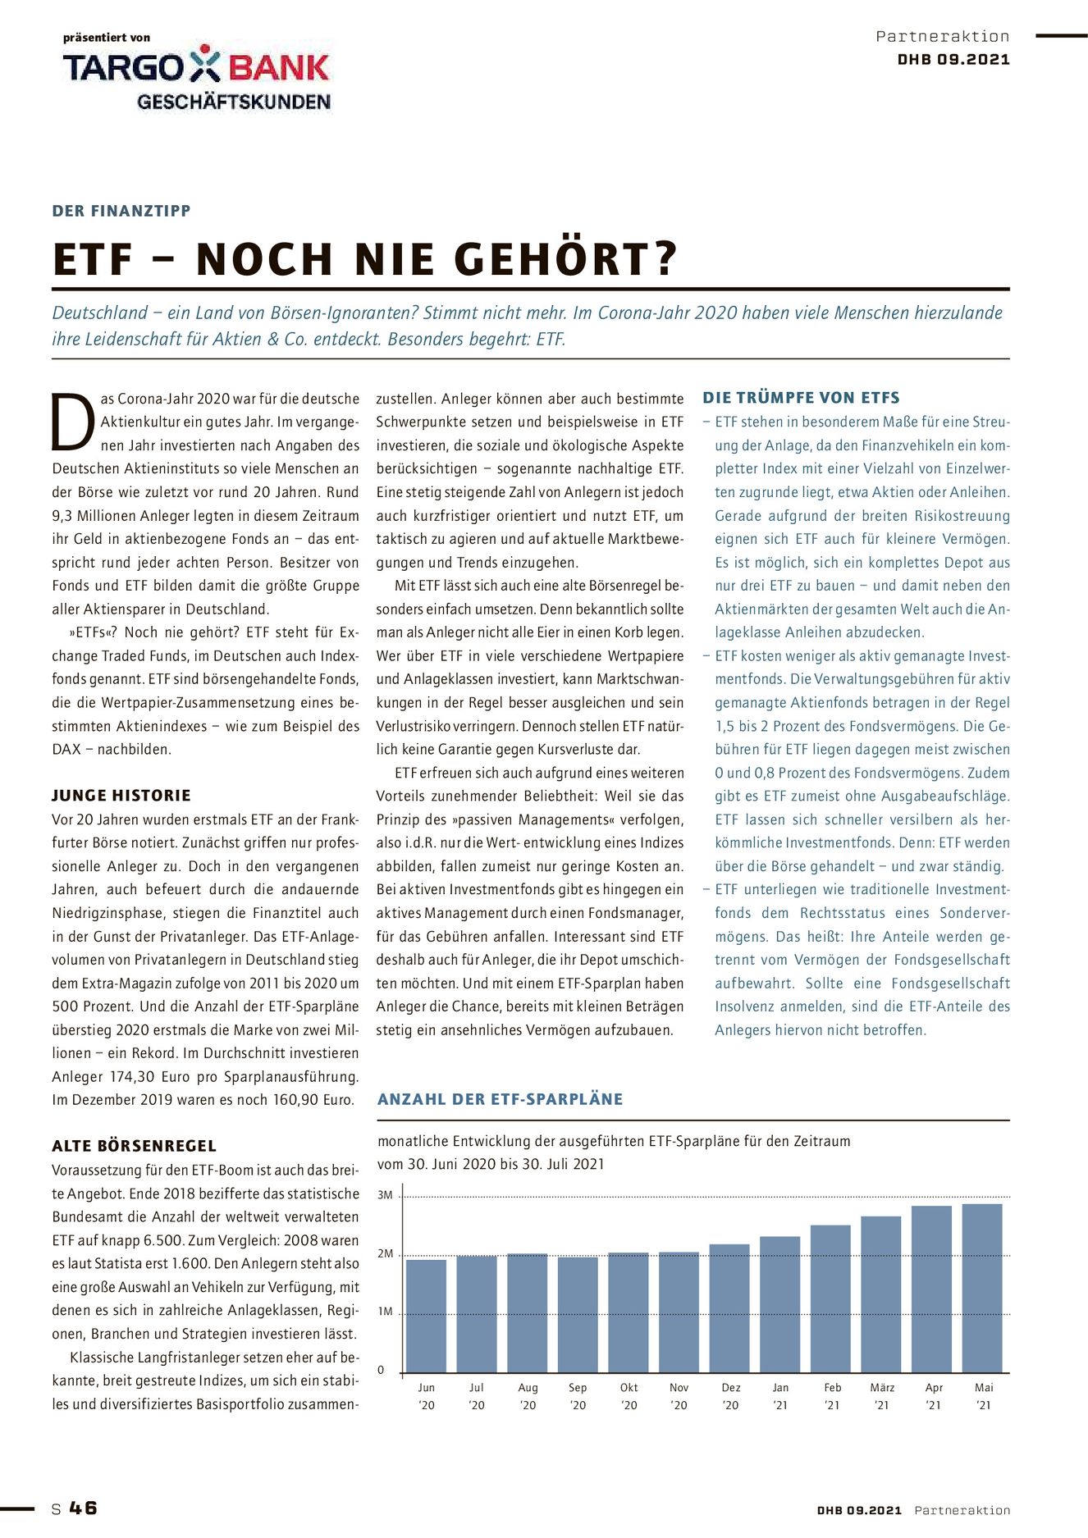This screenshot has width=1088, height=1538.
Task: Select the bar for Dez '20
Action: pos(729,1308)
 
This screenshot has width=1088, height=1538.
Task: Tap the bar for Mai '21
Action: pos(982,1288)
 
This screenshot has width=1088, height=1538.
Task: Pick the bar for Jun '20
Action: pos(427,1316)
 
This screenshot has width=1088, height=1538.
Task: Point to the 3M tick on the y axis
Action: pos(386,1195)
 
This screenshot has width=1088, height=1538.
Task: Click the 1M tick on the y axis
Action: pos(386,1312)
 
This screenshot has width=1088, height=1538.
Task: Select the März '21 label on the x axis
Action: pos(882,1395)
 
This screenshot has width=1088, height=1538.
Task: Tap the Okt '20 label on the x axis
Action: pos(629,1395)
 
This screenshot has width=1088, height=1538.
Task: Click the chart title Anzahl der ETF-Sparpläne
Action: pos(500,1099)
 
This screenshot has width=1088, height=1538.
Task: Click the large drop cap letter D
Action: pos(73,422)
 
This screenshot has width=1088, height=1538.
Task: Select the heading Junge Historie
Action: pos(121,795)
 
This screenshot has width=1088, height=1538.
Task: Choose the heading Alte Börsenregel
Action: pos(134,1146)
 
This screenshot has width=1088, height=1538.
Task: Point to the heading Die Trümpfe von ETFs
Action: pos(801,398)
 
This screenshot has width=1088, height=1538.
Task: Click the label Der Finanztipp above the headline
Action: pos(121,211)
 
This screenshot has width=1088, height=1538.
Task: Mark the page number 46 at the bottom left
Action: pos(83,1508)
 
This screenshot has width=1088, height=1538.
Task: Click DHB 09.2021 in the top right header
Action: pos(953,59)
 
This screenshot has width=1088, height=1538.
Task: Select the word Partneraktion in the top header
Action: pos(942,36)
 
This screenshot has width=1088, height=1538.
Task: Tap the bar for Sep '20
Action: pos(578,1314)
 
